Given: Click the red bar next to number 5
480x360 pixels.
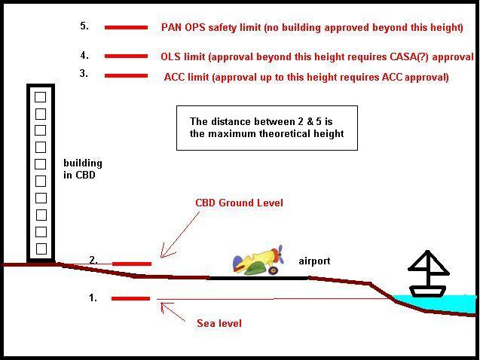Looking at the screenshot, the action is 126,28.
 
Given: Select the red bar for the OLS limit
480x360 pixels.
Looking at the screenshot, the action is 126,56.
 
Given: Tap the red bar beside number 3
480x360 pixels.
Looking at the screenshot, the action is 126,76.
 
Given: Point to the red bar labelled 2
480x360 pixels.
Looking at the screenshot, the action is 132,264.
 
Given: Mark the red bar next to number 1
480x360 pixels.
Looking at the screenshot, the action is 130,298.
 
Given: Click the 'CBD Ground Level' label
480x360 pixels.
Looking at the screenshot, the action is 239,203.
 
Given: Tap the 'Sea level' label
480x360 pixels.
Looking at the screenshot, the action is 219,323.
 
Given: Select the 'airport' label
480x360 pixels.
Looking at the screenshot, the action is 314,261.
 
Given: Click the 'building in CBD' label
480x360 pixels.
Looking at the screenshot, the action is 83,169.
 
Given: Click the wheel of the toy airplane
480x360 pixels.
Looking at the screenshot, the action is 273,270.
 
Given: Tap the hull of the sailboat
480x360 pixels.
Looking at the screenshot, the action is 427,291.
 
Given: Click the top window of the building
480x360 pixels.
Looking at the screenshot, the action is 41,97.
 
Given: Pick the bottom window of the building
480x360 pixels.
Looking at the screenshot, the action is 41,249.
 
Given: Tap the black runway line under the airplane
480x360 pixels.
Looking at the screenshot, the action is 258,279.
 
